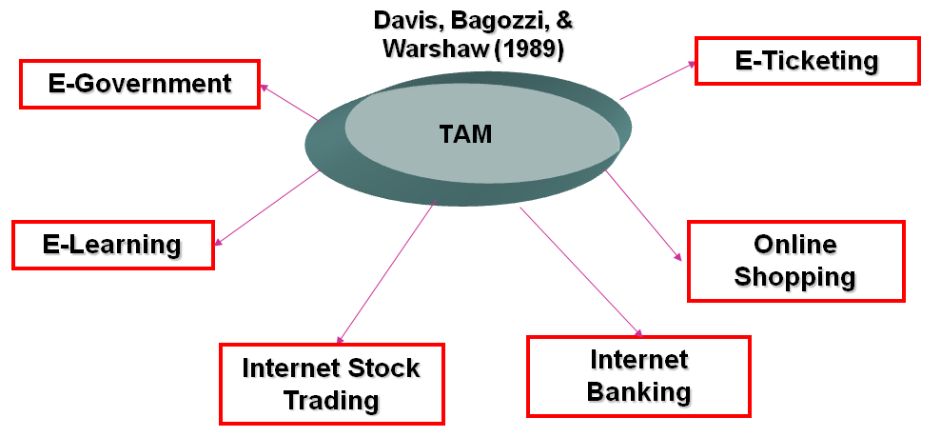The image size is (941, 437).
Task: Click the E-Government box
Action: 140,84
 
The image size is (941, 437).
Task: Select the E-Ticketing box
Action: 807,61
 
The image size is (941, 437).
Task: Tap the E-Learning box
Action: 112,245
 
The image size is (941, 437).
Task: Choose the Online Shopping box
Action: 795,261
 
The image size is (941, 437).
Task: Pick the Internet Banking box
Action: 638,375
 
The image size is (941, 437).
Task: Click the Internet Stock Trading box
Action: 331,383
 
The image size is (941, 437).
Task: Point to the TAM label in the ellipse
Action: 465,134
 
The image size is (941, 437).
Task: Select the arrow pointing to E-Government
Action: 289,103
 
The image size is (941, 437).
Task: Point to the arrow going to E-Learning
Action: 268,207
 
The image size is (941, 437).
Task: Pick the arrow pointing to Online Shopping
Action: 644,215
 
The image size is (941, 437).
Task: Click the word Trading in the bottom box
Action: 331,399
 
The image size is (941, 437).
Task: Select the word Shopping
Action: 795,277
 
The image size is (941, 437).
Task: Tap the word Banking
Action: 638,391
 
